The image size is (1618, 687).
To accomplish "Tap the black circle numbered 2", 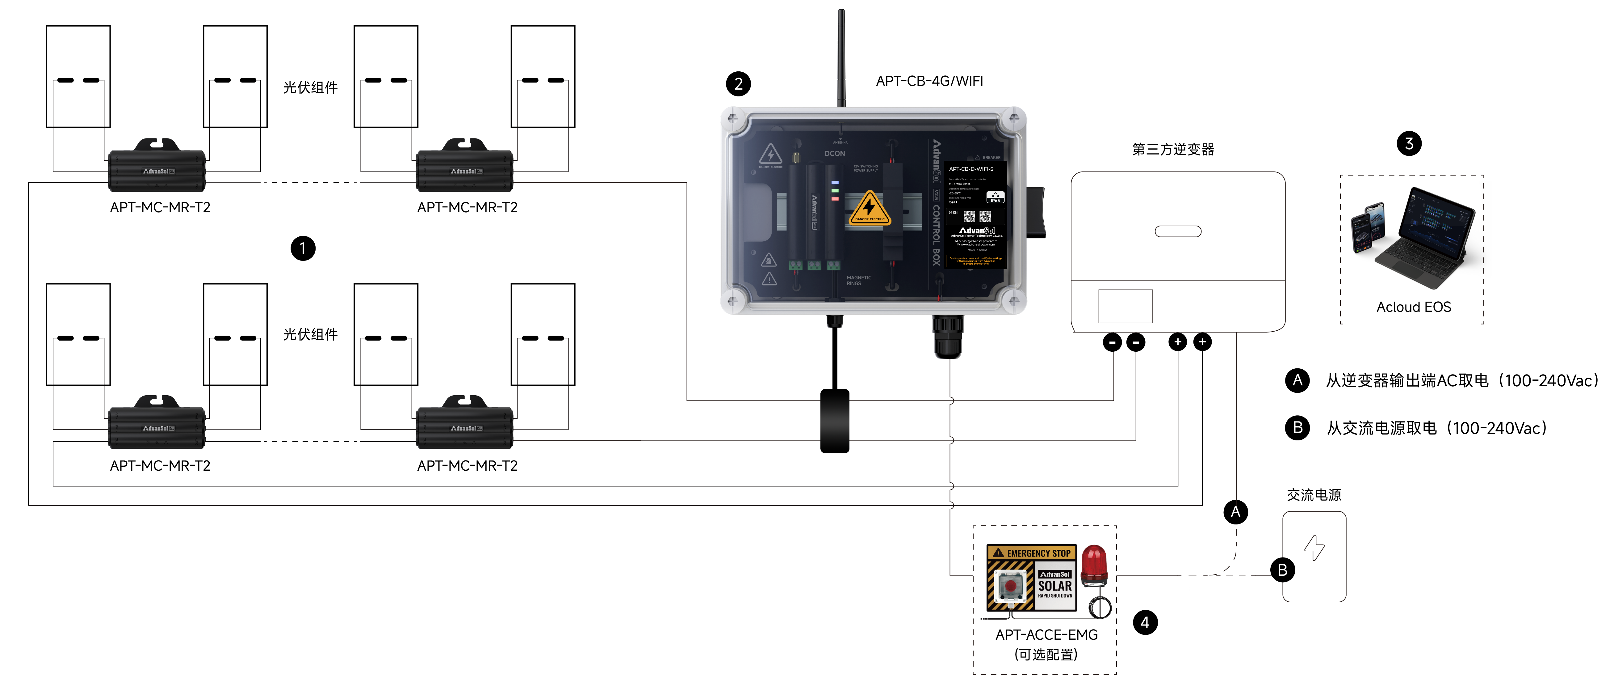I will click(738, 84).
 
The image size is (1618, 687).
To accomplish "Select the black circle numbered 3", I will click(1409, 144).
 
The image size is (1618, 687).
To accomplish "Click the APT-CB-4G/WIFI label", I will click(930, 81).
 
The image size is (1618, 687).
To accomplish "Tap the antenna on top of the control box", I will click(841, 57).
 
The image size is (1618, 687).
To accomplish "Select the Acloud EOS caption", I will click(1413, 307).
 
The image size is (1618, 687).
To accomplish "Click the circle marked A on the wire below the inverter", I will click(1235, 512).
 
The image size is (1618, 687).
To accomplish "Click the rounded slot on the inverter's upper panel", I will click(1178, 231).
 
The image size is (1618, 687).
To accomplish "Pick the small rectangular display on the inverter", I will click(1125, 306).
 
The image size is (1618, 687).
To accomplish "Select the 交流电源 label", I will click(1313, 495).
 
